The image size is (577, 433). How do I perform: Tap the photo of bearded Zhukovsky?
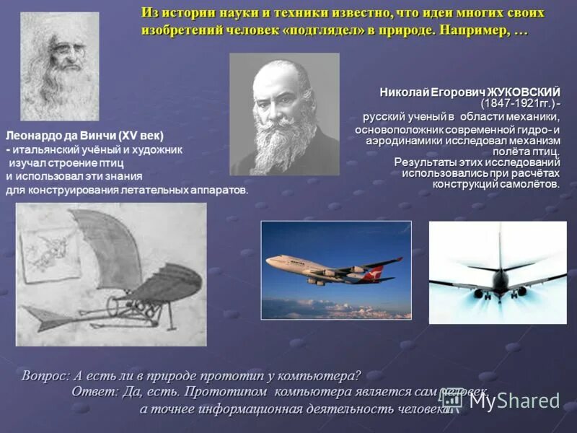284,114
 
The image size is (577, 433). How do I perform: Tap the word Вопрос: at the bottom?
46,376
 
